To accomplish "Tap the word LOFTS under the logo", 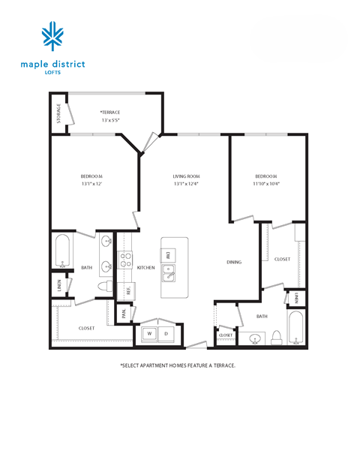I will click(53, 73).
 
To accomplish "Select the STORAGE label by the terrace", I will click(58, 115).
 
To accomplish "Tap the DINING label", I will click(234, 262).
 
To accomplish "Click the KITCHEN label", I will click(145, 268).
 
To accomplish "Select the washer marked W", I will click(148, 333).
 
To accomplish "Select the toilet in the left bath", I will click(105, 287).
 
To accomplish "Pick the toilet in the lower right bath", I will click(276, 335).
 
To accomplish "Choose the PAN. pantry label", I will click(124, 314).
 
